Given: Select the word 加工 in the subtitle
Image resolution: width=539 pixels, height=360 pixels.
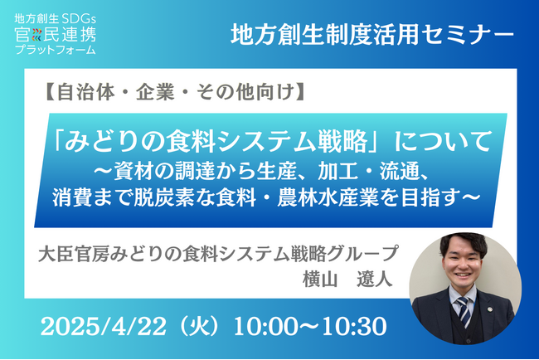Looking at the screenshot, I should [x=333, y=173].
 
